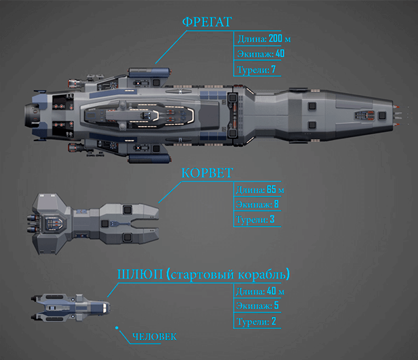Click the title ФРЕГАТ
[x=207, y=22]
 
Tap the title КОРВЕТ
[x=207, y=173]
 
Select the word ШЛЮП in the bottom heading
[x=140, y=275]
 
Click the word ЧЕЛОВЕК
[x=154, y=336]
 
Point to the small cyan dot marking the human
[x=117, y=327]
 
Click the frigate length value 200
[x=275, y=39]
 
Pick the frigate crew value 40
[x=280, y=54]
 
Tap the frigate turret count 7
[x=273, y=70]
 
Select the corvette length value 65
[x=271, y=189]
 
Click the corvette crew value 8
[x=276, y=204]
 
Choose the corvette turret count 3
[x=272, y=220]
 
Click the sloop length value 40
[x=271, y=291]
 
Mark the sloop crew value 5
[x=276, y=306]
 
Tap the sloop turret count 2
[x=273, y=321]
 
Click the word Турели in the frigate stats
[x=252, y=70]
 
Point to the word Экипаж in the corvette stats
[x=253, y=205]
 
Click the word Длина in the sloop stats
[x=250, y=292]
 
